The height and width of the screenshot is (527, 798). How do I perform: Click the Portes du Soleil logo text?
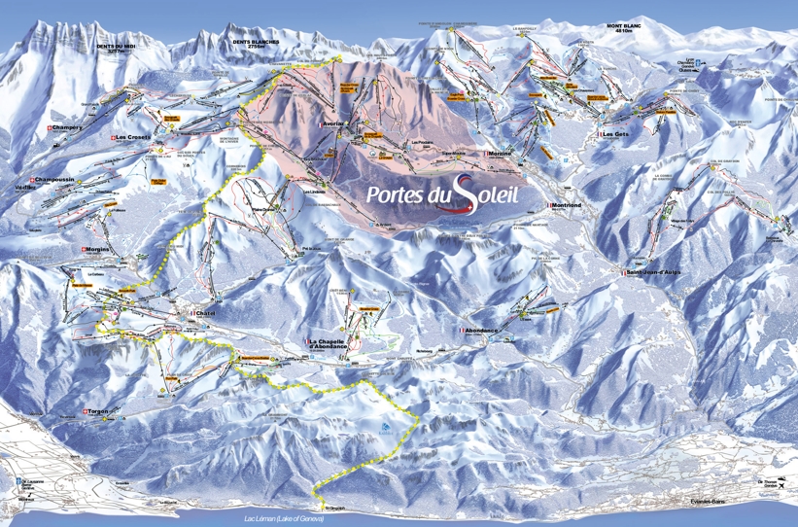[x=442, y=193]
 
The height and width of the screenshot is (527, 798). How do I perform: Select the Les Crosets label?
[x=132, y=138]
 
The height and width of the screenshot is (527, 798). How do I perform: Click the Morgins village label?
[x=97, y=249]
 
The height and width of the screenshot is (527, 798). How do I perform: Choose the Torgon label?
[x=99, y=411]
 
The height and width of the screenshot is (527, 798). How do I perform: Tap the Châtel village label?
[x=205, y=314]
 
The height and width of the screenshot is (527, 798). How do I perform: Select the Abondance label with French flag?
[x=480, y=331]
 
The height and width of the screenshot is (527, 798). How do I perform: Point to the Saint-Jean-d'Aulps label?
[x=652, y=273]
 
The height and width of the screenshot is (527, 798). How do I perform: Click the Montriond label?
[x=568, y=205]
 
